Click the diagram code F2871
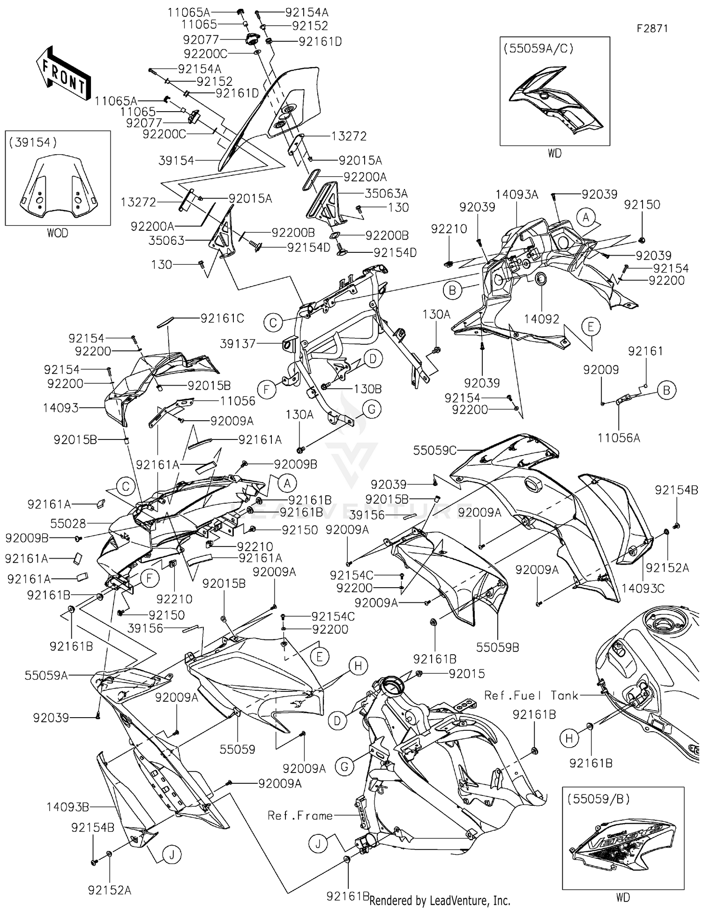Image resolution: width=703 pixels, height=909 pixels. (652, 29)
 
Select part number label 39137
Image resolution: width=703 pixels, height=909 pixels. (238, 344)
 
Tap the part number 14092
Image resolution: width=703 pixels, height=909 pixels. (541, 319)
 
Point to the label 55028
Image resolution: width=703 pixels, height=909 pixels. (68, 522)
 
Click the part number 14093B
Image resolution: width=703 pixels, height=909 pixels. (67, 807)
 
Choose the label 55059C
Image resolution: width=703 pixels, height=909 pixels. (434, 450)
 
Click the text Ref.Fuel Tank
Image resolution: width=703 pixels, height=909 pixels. (531, 696)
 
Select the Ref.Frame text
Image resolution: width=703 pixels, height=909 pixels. (300, 816)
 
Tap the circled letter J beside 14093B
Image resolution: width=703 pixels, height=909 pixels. (172, 855)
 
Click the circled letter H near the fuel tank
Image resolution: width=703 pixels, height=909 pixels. (568, 739)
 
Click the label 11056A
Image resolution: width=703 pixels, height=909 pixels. (619, 438)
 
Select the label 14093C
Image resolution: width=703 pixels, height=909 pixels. (643, 588)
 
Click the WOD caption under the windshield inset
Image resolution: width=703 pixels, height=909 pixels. (57, 233)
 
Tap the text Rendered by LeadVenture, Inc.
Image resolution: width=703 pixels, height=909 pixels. (440, 901)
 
